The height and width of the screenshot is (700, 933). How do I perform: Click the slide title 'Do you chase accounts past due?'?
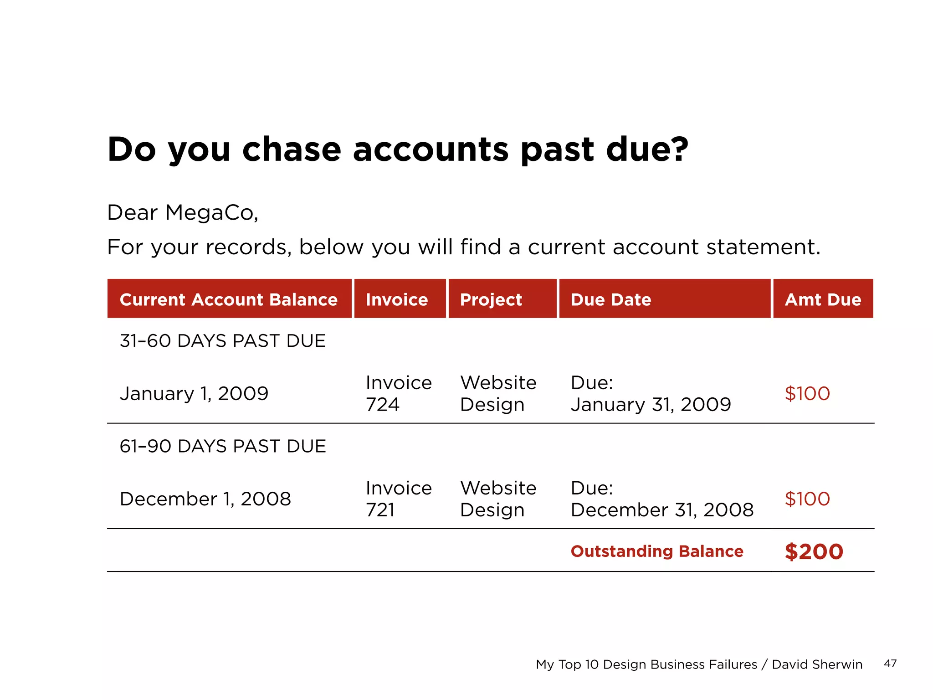point(397,149)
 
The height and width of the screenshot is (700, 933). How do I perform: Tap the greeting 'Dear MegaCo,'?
point(183,213)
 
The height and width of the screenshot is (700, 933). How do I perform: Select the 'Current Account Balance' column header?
point(229,299)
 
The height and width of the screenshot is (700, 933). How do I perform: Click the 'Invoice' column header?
point(397,299)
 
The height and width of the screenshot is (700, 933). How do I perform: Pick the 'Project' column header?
point(491,299)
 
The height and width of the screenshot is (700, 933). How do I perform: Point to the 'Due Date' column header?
point(611,299)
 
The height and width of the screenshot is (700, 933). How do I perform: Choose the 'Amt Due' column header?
point(823,299)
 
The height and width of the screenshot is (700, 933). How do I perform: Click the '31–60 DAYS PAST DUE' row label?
point(223,341)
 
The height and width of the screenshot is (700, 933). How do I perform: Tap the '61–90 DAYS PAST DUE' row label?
point(223,446)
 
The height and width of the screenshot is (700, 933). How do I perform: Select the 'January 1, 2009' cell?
point(194,393)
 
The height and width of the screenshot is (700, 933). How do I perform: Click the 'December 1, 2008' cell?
point(205,499)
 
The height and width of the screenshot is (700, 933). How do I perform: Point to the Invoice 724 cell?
point(398,393)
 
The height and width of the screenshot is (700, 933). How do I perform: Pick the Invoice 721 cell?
point(398,499)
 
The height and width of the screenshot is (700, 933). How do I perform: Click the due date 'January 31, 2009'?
point(651,404)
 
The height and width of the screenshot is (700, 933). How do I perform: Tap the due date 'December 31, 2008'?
point(662,510)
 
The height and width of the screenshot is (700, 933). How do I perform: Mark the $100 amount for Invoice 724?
point(807,393)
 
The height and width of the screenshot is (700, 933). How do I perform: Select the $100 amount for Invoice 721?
point(807,499)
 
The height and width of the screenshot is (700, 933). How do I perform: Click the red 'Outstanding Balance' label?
point(657,551)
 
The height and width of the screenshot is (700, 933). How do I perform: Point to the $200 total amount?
point(814,551)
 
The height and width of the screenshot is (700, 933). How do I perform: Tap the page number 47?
point(890,664)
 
